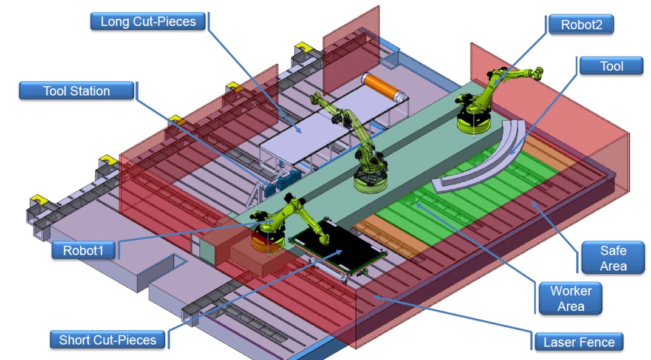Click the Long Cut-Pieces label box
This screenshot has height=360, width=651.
click(x=148, y=22)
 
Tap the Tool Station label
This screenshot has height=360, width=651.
click(x=77, y=91)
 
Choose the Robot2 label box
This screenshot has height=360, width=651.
click(x=580, y=24)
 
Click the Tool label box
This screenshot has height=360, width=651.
click(x=612, y=66)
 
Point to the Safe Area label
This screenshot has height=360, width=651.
click(x=613, y=258)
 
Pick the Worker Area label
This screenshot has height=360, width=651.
click(x=571, y=297)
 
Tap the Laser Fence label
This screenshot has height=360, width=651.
click(x=579, y=342)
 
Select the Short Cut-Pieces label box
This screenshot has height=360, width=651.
click(x=107, y=339)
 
